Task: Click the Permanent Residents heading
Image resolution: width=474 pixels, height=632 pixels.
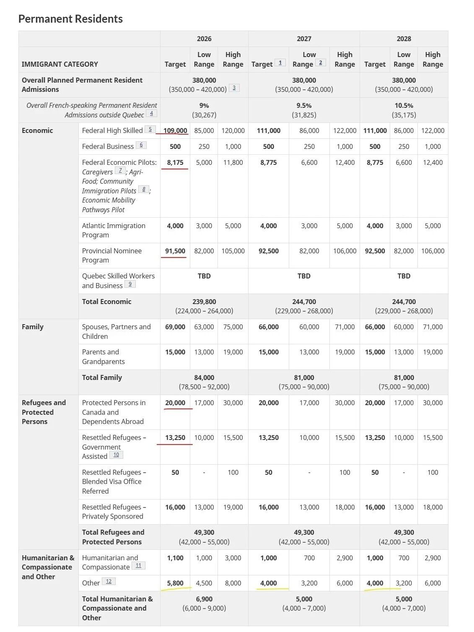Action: (70, 19)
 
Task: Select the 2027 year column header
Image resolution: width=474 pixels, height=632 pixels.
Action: (304, 39)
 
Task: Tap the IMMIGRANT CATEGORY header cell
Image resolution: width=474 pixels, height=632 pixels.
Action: (60, 64)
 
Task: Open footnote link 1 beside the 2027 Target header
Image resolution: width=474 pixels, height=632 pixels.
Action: (280, 63)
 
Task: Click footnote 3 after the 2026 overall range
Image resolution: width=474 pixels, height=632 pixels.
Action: (234, 88)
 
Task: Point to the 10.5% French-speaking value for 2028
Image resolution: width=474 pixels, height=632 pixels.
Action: (404, 106)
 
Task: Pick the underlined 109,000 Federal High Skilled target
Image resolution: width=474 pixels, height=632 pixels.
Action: (175, 130)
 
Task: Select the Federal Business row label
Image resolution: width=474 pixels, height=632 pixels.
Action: (108, 146)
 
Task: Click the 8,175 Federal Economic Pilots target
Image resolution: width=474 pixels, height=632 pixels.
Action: (175, 162)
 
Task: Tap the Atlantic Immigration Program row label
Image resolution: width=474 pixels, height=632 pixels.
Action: (114, 230)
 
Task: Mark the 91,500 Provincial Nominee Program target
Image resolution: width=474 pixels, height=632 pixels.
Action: (175, 251)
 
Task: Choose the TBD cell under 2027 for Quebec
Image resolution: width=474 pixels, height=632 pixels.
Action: (304, 276)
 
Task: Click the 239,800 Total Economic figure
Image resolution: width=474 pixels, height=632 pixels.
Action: (204, 302)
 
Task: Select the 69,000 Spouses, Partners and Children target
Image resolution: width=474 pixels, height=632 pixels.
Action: (175, 327)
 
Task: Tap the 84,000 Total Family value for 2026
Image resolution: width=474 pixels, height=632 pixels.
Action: (204, 377)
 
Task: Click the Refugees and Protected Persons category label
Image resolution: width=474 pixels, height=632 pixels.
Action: (44, 412)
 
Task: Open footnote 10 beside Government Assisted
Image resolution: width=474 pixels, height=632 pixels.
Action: (116, 455)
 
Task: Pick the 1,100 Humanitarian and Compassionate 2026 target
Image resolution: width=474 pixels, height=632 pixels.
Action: (175, 558)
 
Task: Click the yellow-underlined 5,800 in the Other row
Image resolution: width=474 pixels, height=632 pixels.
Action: (175, 583)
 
